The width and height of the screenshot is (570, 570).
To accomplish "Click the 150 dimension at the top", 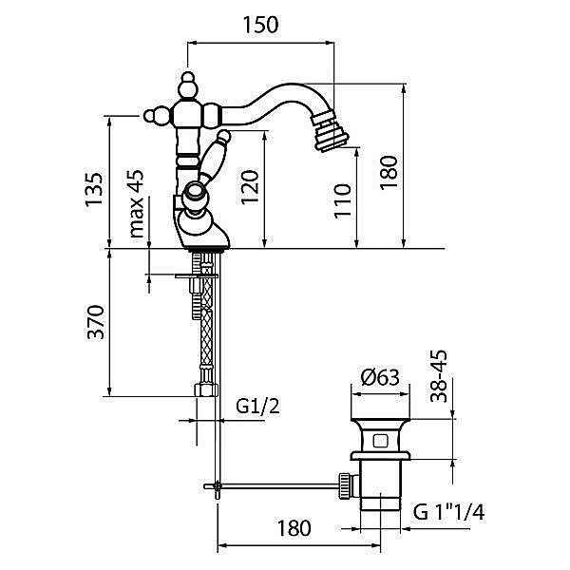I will click(263, 26).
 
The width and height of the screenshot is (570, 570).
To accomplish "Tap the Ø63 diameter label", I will click(381, 377).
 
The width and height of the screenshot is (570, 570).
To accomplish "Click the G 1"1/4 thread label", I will click(450, 513).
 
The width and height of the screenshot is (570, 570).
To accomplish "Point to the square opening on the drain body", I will click(380, 441).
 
